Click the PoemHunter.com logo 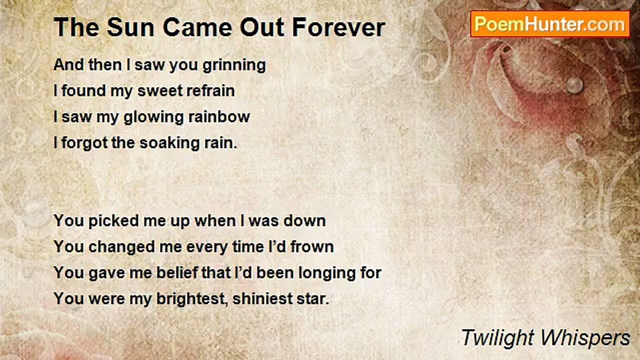coord(549,24)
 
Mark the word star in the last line coord(314,299)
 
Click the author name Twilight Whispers coord(545,338)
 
